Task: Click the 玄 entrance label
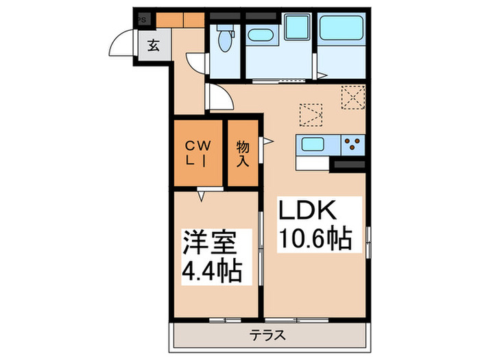click(154, 47)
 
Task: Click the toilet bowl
click(223, 40)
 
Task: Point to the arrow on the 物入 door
click(269, 143)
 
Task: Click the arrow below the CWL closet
click(201, 196)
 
